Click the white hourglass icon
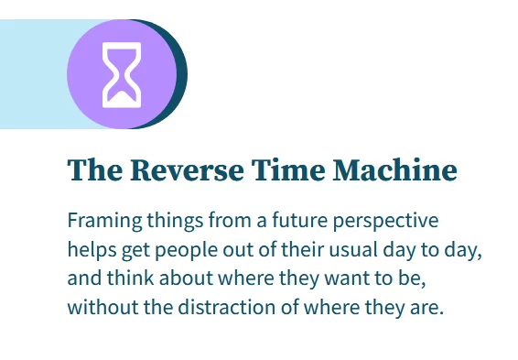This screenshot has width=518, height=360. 122,73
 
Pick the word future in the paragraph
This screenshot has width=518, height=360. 289,222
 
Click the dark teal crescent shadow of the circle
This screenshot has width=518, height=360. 181,73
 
